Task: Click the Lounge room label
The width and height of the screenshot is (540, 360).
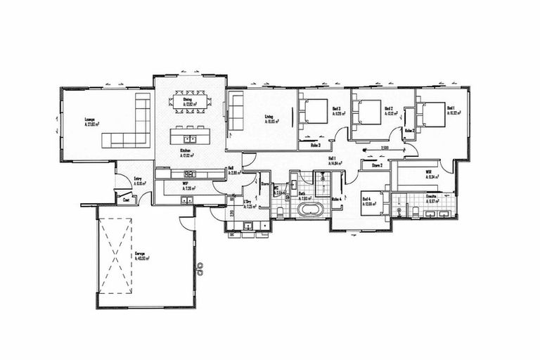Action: pos(90,120)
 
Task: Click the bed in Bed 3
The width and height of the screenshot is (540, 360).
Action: pos(315,111)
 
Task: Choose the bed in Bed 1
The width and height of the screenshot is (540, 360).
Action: pos(433,114)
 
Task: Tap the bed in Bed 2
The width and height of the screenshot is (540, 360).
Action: pos(368,112)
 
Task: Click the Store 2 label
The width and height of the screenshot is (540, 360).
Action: pos(376,166)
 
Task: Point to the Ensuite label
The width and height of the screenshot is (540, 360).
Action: pos(430,196)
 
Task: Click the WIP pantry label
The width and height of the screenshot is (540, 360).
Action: pos(185,184)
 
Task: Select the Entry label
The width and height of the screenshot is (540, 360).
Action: pos(138,179)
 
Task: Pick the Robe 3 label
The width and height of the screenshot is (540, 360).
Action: pos(316,145)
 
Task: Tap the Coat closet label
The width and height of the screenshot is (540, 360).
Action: pos(127,200)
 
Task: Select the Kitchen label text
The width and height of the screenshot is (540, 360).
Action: pos(186,150)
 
